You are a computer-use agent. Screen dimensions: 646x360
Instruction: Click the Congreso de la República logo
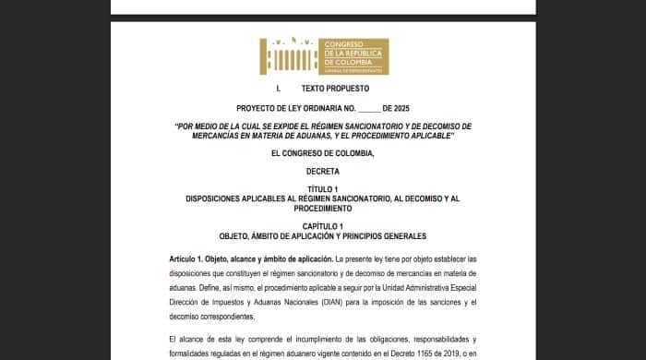pos(324,55)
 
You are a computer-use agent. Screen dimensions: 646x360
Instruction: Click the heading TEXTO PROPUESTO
pos(335,89)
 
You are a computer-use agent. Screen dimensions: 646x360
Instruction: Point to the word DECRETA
pos(323,171)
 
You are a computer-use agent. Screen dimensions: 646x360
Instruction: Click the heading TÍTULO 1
pos(323,189)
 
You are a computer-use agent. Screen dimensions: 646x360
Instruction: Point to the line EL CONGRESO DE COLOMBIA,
pos(323,152)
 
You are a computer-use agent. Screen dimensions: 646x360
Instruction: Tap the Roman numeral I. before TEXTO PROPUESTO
pos(279,89)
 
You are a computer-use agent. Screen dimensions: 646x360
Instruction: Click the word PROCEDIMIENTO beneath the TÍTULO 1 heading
pos(323,209)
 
